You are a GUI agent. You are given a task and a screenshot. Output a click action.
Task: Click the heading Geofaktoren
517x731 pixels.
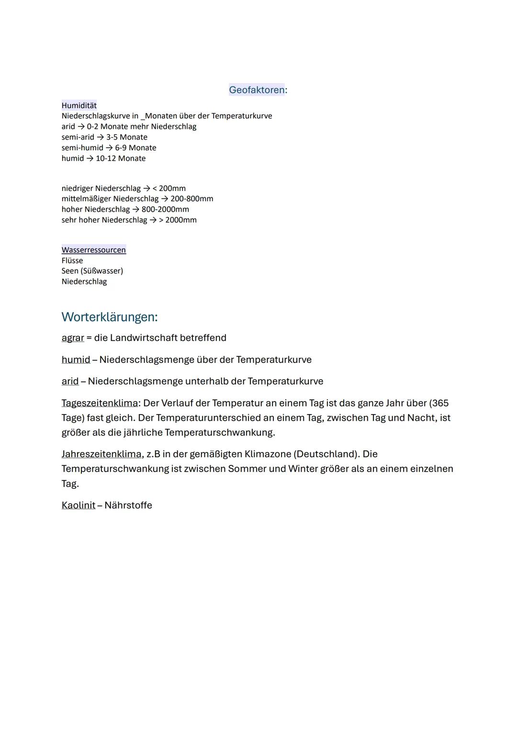[257, 90]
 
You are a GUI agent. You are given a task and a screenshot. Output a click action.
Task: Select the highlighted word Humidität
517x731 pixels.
[79, 105]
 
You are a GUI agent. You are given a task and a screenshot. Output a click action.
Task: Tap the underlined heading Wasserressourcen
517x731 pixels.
[94, 250]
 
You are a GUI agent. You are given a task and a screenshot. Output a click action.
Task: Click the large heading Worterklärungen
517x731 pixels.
[110, 317]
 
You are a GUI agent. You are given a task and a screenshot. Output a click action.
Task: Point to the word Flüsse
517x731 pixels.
[72, 260]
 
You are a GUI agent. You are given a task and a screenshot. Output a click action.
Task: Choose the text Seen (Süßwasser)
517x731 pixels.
[92, 271]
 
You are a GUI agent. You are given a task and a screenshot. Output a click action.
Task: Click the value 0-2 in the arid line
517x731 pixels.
[93, 126]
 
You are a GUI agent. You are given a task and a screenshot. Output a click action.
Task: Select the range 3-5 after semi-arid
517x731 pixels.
[112, 137]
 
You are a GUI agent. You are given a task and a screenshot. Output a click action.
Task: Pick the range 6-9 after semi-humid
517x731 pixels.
[121, 148]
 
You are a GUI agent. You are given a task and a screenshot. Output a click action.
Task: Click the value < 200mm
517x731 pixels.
[169, 188]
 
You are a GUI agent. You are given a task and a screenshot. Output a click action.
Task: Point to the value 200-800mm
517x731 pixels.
[192, 199]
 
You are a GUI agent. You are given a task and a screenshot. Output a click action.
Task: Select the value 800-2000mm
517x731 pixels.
[165, 209]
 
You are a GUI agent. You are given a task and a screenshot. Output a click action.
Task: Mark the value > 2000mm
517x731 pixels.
[178, 220]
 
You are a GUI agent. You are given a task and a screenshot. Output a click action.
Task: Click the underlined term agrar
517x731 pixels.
[73, 338]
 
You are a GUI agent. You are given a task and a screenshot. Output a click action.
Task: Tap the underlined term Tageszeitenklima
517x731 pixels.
[100, 403]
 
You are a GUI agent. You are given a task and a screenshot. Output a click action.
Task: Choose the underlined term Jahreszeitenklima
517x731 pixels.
[101, 454]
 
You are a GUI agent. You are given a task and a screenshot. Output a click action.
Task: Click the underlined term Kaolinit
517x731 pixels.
[79, 505]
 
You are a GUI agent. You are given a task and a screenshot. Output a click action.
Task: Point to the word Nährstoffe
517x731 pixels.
[128, 505]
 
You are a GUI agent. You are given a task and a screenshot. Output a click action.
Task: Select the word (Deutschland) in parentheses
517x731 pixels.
[327, 454]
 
